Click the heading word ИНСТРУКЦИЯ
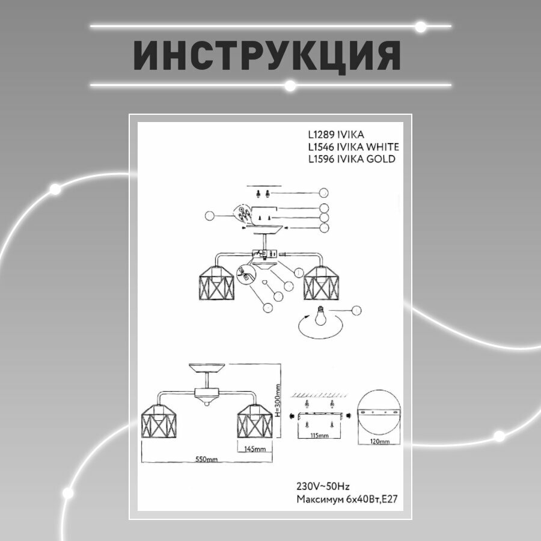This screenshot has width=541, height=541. click(x=267, y=57)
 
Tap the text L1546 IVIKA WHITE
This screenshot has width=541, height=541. click(x=353, y=147)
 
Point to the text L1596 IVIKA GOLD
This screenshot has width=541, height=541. click(x=351, y=159)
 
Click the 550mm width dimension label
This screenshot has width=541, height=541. click(x=206, y=460)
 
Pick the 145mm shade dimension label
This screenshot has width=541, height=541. click(x=255, y=449)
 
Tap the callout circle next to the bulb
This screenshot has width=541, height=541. click(x=357, y=310)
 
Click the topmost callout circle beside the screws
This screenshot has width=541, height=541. click(x=325, y=193)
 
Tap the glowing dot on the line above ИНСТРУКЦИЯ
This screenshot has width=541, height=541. click(x=421, y=26)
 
